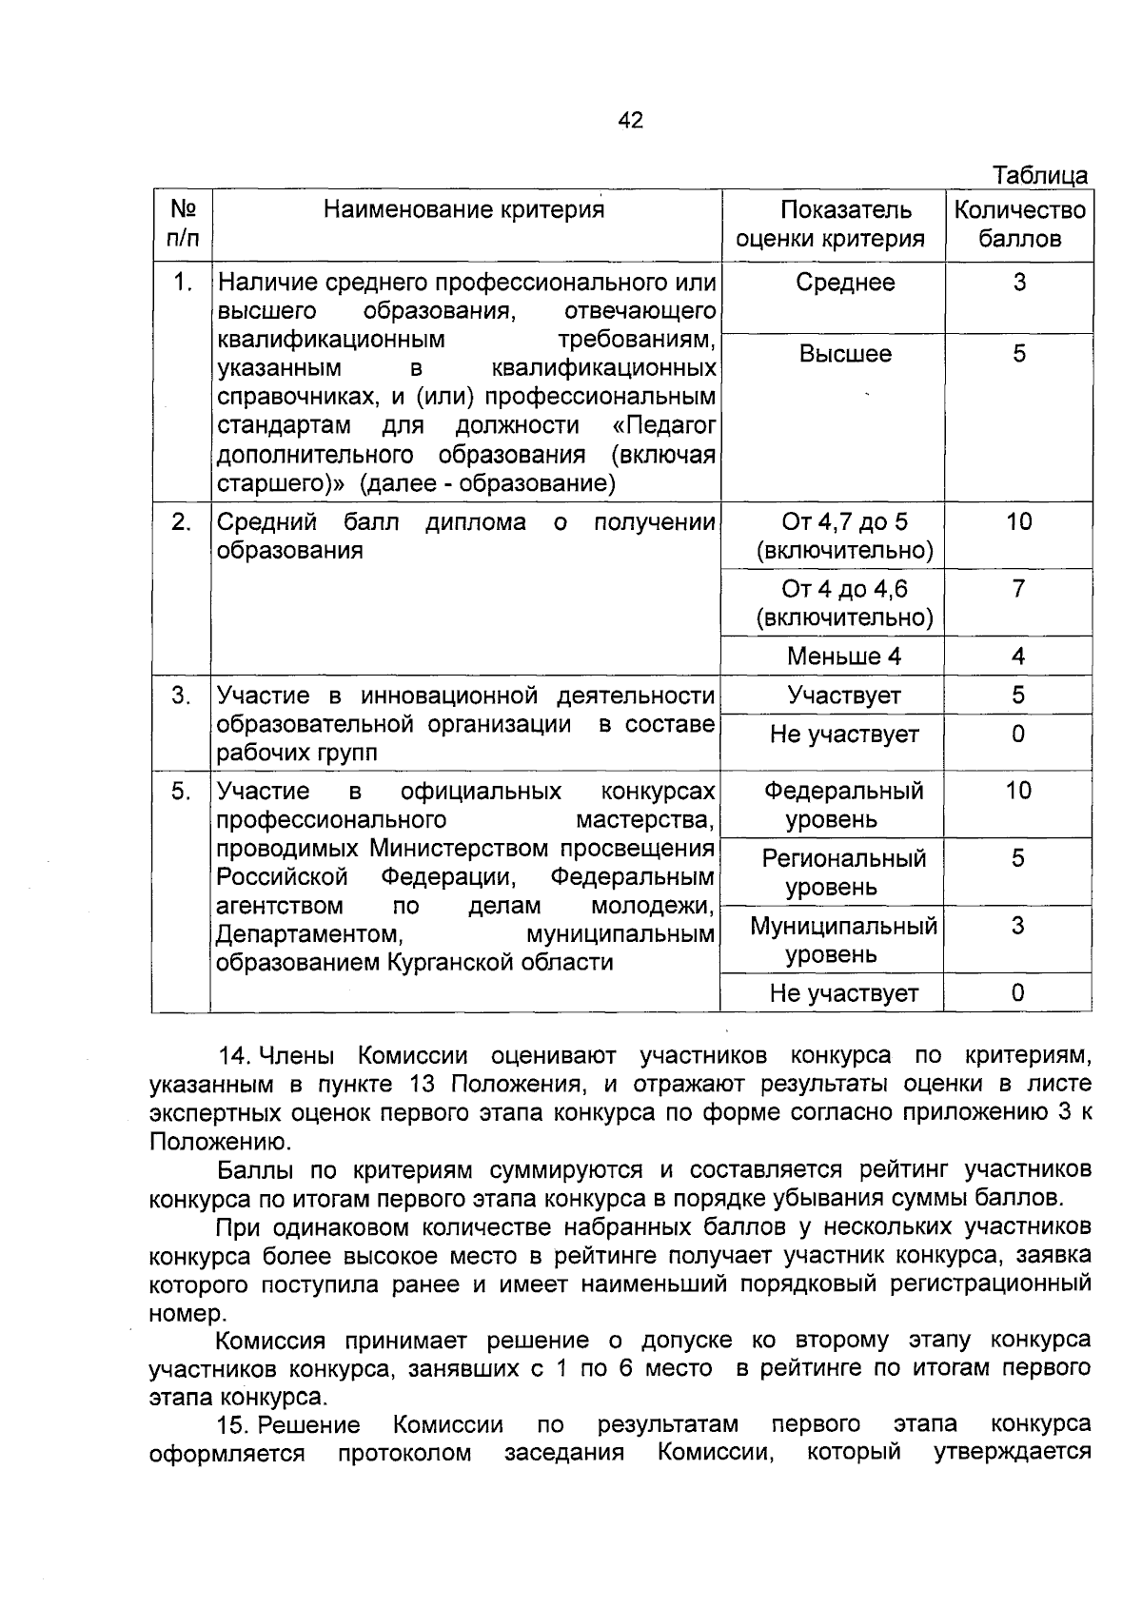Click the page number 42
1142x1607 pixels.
click(x=630, y=120)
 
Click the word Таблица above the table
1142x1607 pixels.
click(x=1040, y=176)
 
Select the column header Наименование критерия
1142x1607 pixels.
click(x=464, y=209)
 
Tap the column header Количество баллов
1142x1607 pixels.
click(x=1019, y=225)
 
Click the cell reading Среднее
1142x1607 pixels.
click(x=845, y=283)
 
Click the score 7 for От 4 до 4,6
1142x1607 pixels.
click(x=1018, y=589)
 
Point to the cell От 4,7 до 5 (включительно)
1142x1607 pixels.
click(x=844, y=536)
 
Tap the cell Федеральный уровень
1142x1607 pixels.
click(x=844, y=805)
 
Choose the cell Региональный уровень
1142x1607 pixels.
click(x=844, y=872)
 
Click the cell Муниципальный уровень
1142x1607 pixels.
click(x=844, y=940)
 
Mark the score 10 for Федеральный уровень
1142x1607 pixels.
click(x=1018, y=791)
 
